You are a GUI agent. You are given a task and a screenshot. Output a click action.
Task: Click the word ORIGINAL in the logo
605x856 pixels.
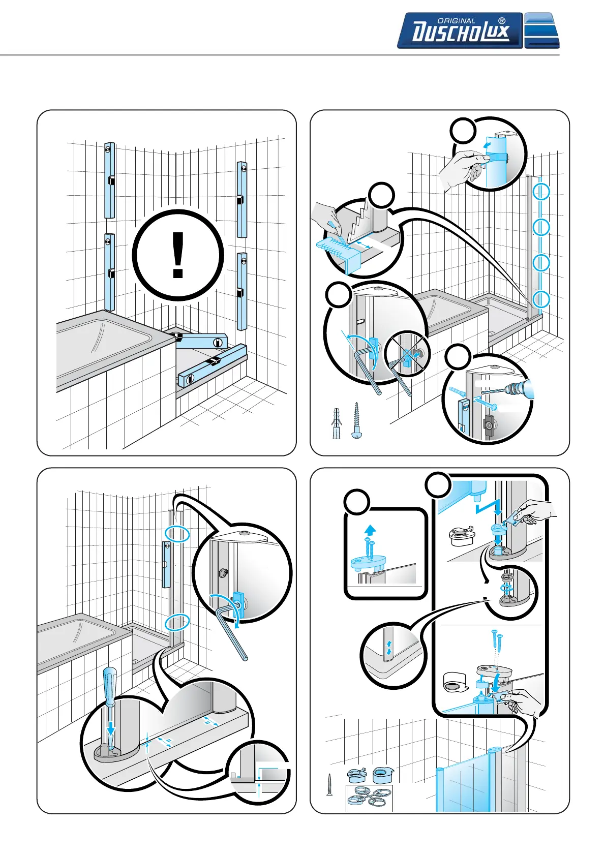(x=456, y=21)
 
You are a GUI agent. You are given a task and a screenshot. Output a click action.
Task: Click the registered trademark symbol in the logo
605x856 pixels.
(x=502, y=21)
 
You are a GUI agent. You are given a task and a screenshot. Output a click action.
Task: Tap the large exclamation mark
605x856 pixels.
(x=177, y=255)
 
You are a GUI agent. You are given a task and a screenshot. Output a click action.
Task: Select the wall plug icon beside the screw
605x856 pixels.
(x=336, y=423)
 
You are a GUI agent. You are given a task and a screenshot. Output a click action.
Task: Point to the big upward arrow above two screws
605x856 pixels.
(x=370, y=530)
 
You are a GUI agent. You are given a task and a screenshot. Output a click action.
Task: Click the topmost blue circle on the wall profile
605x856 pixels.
(x=541, y=192)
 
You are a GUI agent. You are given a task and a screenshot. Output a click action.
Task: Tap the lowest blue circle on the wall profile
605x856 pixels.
(x=541, y=299)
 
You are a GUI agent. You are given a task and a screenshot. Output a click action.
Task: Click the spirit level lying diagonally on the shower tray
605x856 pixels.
(x=212, y=364)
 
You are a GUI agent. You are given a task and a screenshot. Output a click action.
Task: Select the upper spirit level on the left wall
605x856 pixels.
(x=109, y=180)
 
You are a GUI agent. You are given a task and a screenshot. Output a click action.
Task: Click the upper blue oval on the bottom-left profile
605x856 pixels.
(x=176, y=534)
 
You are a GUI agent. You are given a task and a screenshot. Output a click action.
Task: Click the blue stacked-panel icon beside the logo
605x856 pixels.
(x=541, y=30)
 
